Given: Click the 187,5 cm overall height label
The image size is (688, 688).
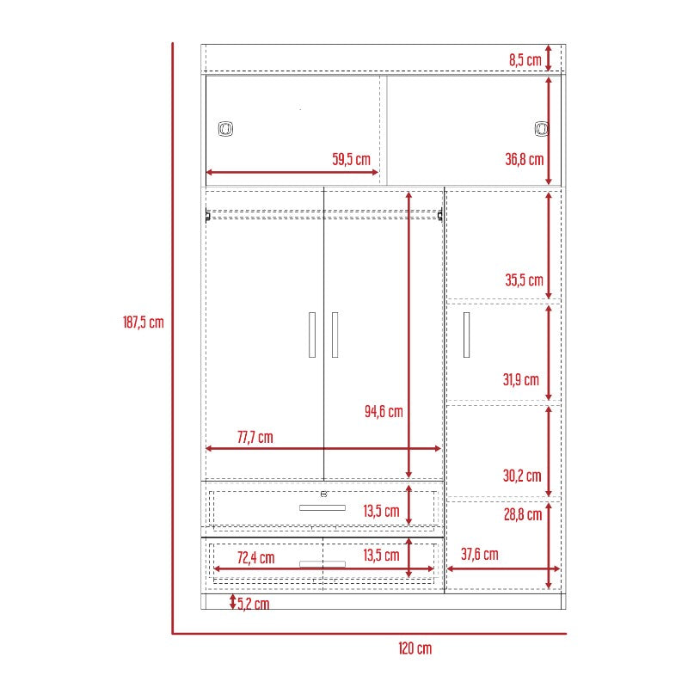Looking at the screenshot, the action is [143, 322].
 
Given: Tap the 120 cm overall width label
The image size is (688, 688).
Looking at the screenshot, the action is [415, 648].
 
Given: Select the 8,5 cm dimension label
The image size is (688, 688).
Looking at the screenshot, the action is [525, 59].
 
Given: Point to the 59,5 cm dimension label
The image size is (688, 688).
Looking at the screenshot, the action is [351, 159].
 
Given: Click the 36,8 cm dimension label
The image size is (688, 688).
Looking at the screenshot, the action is [525, 159].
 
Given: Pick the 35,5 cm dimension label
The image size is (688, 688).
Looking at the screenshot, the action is [524, 280].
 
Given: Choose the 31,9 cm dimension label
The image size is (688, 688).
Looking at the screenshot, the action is [521, 379].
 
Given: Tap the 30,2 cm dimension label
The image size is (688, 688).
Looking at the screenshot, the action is [522, 476].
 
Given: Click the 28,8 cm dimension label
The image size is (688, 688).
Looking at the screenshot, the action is [523, 514].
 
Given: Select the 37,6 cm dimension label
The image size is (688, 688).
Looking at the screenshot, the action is [480, 554].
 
